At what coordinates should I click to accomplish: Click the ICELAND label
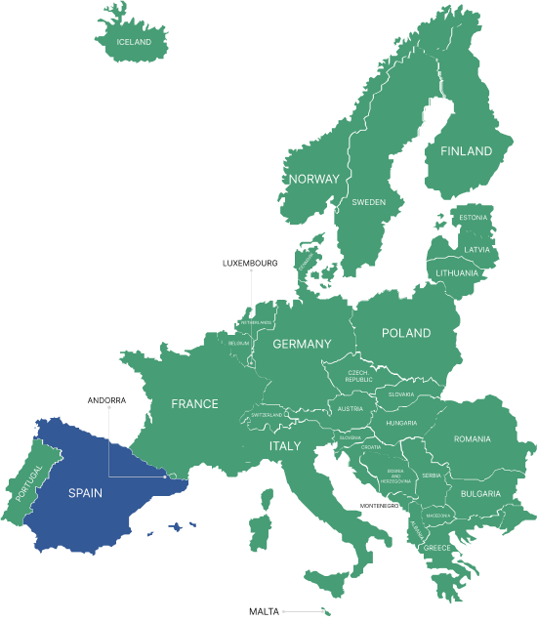134,43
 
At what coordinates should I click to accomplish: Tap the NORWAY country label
313,180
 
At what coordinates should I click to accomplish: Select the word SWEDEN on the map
368,202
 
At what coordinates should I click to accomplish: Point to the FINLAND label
466,152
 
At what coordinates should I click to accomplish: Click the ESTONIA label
473,217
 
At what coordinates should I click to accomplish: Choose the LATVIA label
476,249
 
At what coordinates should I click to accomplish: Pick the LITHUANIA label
457,273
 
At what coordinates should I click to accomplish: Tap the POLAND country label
406,333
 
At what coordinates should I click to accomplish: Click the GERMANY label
302,344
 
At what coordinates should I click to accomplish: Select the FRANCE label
194,403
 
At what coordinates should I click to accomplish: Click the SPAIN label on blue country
85,493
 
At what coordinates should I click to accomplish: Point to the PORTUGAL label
29,484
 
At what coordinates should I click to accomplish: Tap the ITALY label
285,445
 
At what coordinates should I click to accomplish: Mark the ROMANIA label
472,439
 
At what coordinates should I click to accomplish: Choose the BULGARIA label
480,494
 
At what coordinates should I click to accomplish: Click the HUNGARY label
400,423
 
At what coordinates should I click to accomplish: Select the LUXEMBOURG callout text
250,264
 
